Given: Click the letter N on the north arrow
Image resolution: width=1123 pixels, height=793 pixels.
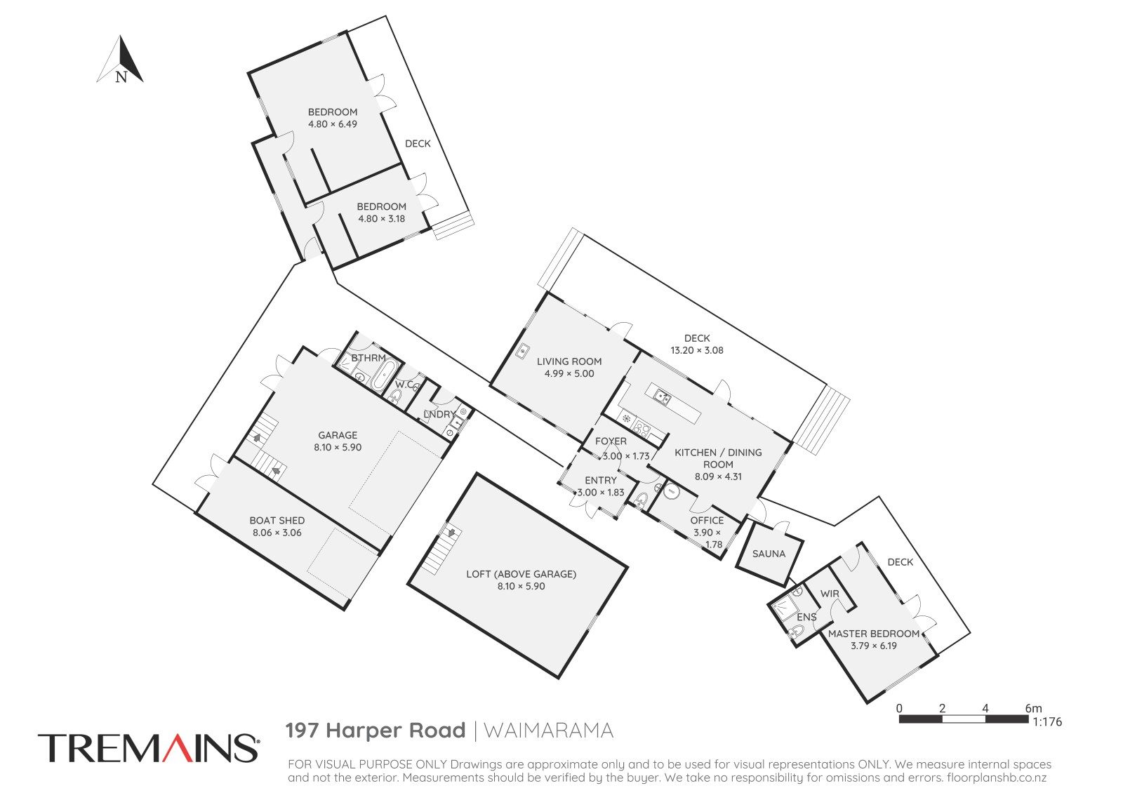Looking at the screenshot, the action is pos(121,76).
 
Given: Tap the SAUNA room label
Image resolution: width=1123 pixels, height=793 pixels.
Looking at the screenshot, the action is pos(769,554).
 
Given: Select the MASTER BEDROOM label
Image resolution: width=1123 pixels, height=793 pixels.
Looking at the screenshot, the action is pos(873,634).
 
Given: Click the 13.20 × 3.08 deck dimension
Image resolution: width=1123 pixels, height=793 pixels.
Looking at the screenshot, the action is pos(697,350).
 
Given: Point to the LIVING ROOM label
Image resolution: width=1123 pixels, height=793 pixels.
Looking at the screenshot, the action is pos(569,361).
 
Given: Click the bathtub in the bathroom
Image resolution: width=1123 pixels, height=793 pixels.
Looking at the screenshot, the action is pos(383,375).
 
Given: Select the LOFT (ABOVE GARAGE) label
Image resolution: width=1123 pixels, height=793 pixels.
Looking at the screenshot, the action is pos(521,574).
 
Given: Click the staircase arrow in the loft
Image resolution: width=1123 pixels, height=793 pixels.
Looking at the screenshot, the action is pos(452,532).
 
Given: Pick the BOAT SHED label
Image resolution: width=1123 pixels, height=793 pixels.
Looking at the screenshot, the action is pos(277,520).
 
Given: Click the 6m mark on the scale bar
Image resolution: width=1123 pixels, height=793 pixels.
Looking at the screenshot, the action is pos(1033,708).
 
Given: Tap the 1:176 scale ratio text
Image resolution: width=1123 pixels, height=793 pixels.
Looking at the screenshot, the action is pos(1047,722).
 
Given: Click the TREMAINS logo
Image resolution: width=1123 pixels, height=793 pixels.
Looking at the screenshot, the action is pos(148,748).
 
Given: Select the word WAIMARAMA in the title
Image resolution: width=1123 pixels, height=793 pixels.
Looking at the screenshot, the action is pos(548,731).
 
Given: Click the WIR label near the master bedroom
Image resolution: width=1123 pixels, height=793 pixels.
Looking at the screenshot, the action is pos(829,594).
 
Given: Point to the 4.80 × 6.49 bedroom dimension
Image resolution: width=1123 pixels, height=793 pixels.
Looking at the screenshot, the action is pos(333,124).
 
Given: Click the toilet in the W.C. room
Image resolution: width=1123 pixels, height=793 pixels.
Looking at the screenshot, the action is pos(395,398).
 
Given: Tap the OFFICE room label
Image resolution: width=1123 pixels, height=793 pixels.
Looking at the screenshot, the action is pos(707,520).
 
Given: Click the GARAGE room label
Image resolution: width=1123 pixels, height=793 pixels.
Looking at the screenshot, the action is pos(338,435).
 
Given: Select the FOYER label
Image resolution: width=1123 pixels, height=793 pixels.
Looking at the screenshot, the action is pos(611,441).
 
